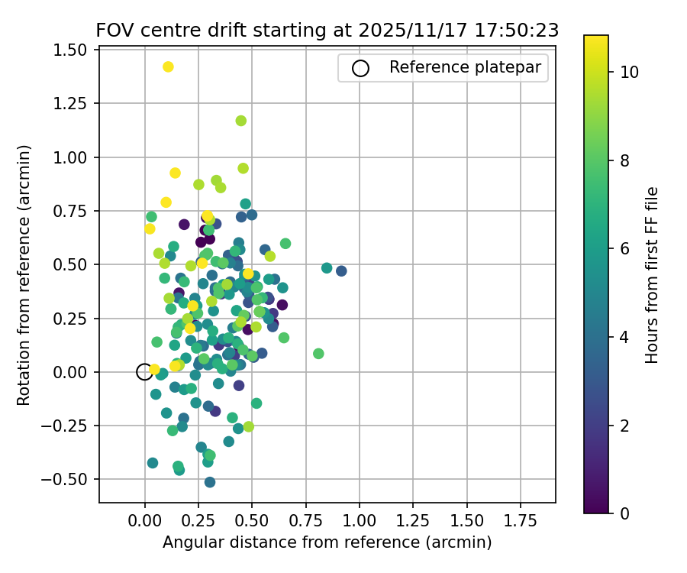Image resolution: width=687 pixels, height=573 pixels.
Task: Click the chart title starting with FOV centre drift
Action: [x=327, y=31]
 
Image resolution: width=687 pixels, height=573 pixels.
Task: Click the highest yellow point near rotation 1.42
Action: [x=168, y=67]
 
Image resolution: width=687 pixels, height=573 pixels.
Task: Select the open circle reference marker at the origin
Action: [x=144, y=372]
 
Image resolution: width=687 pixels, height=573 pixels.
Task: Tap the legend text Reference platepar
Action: [x=465, y=67]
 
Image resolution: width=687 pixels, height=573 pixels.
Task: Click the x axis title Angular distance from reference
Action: [x=327, y=542]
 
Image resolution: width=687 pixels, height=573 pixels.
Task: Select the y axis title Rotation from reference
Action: [x=24, y=274]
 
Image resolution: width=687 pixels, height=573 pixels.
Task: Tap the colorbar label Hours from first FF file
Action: [x=651, y=274]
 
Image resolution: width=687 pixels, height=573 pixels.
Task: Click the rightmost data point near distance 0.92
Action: [x=341, y=271]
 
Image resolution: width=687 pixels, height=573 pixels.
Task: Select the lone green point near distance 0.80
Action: [x=318, y=354]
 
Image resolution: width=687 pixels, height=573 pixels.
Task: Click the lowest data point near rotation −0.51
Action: [x=210, y=482]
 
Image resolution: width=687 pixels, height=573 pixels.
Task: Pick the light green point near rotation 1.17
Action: [x=241, y=121]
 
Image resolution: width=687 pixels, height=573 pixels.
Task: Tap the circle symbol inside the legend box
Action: [x=360, y=68]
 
